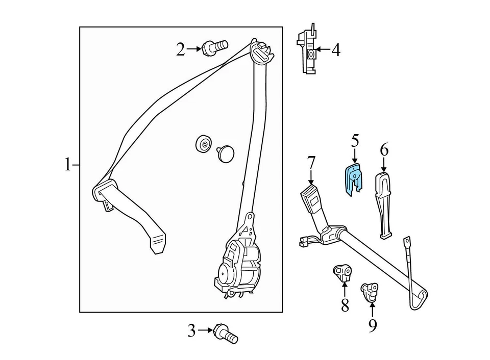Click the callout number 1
click(67, 165)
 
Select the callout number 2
click(181, 49)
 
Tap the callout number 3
click(191, 331)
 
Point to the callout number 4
click(335, 50)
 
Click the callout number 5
click(355, 140)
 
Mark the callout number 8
click(345, 305)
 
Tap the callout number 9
click(373, 324)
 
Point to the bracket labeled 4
click(307, 51)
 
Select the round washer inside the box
click(203, 145)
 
